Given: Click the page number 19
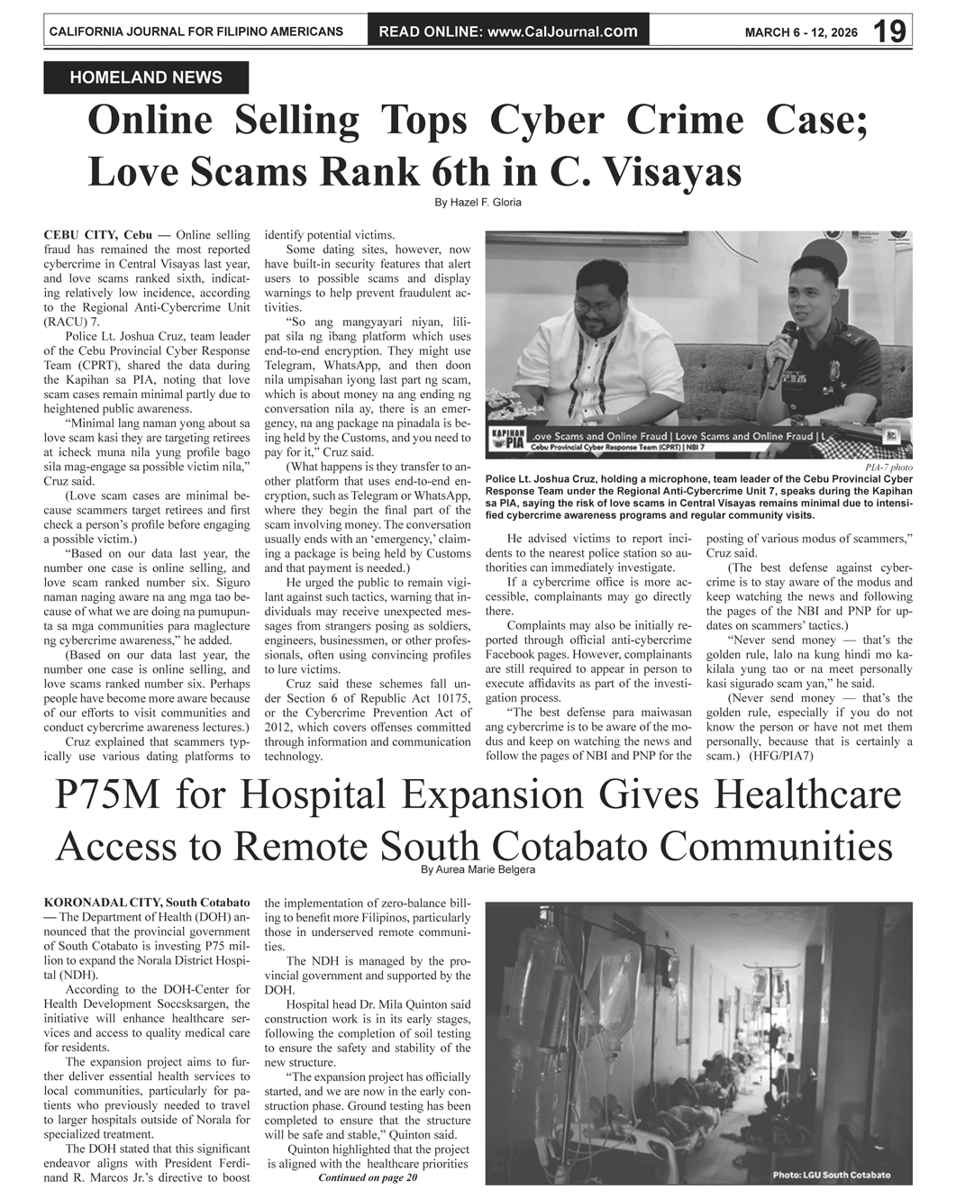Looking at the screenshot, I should pyautogui.click(x=889, y=31).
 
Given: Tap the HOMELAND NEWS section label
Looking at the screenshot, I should pyautogui.click(x=146, y=78).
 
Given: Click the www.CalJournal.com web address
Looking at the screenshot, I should pyautogui.click(x=562, y=32).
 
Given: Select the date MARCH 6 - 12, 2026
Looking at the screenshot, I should pyautogui.click(x=801, y=32).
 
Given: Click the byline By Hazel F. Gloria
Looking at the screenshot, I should pyautogui.click(x=478, y=203).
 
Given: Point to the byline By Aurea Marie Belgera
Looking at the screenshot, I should pyautogui.click(x=478, y=870).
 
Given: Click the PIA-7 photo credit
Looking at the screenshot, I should pyautogui.click(x=888, y=468).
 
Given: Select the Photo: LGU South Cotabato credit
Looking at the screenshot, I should pyautogui.click(x=830, y=1175).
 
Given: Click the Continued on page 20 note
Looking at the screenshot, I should pyautogui.click(x=368, y=1177).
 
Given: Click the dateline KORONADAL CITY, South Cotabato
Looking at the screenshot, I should pyautogui.click(x=146, y=902).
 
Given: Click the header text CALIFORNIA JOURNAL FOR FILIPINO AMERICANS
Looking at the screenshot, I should pyautogui.click(x=196, y=32).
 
